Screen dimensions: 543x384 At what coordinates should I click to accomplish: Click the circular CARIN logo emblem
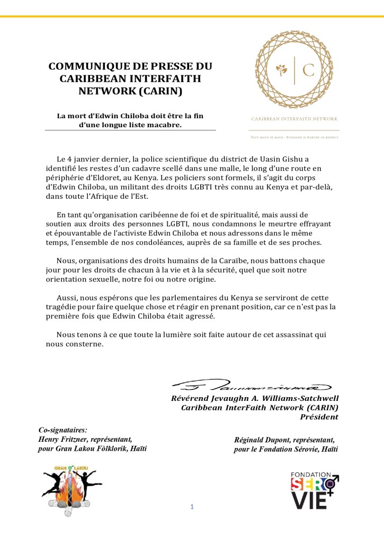tap(294, 69)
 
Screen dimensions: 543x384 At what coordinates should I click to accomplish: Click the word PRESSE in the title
tap(157, 67)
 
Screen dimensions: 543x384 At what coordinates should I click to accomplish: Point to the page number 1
tap(192, 507)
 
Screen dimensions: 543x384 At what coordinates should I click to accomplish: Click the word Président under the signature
tap(319, 417)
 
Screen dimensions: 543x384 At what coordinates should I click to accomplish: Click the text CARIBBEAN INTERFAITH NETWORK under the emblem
tap(294, 119)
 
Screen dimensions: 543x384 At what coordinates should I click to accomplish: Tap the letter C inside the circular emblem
tap(308, 70)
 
